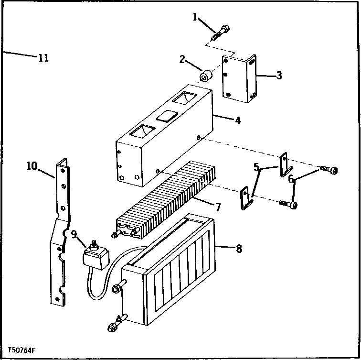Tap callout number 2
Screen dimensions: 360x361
tap(182, 59)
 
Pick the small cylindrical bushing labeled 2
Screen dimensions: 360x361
tap(207, 76)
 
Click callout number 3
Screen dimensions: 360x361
tap(279, 75)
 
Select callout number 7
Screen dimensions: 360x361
tap(218, 207)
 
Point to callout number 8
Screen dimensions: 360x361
tap(239, 248)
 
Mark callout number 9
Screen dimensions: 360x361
tap(74, 234)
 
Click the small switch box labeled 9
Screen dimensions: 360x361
tap(95, 257)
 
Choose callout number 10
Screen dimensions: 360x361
tap(32, 166)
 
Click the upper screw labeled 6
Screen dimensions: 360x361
tap(329, 170)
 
